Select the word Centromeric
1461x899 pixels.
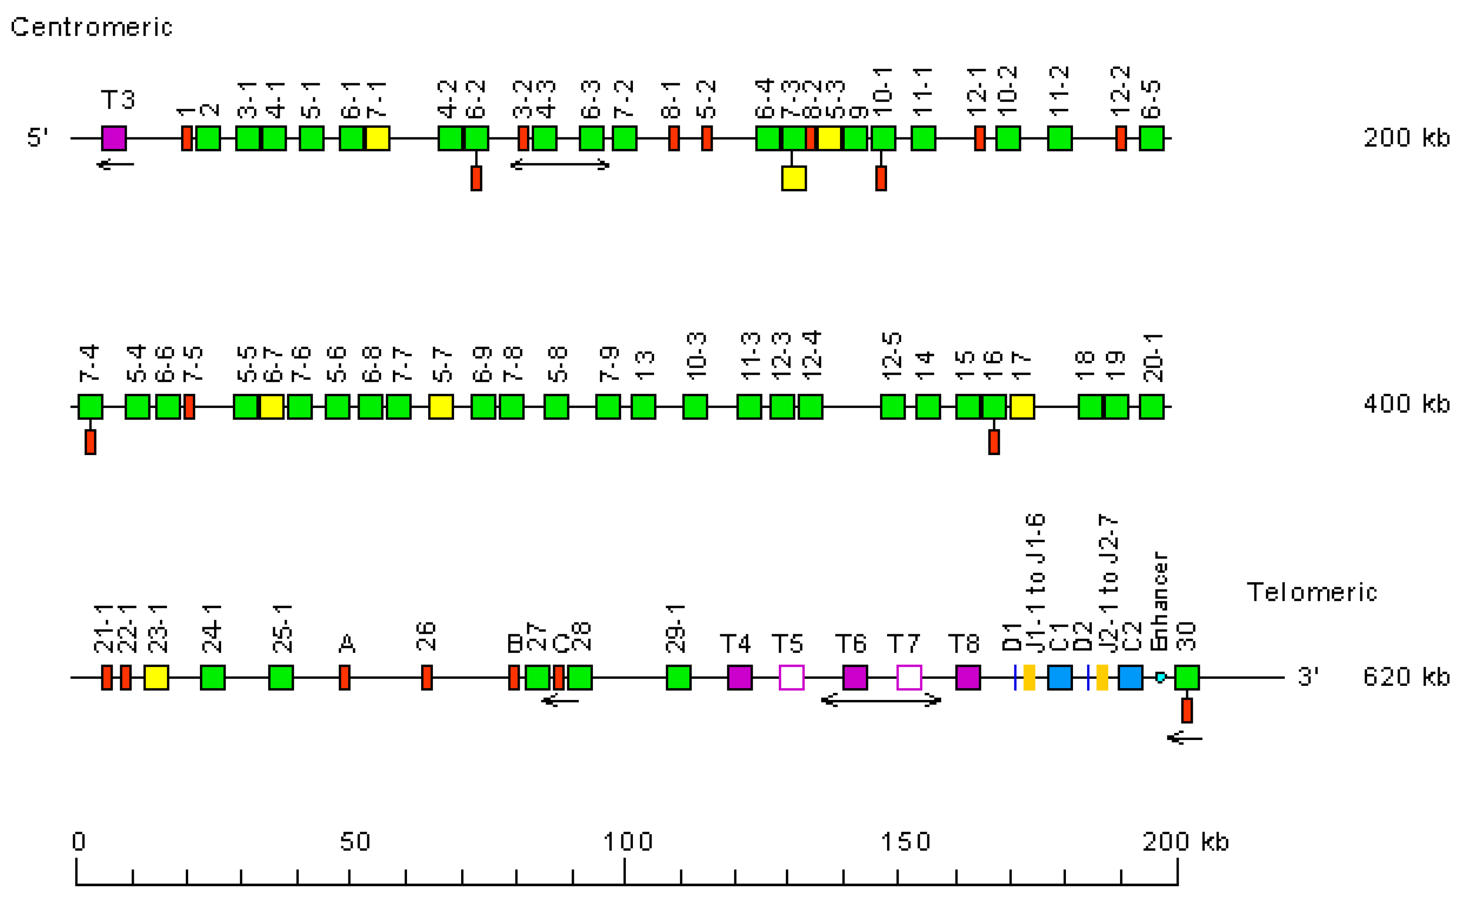click(x=92, y=27)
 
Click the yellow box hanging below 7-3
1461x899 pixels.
click(x=794, y=178)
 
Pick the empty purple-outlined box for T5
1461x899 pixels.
click(x=791, y=677)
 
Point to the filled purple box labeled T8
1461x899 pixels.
click(x=968, y=677)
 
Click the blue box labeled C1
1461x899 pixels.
click(x=1060, y=677)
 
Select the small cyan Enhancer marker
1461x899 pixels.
click(x=1160, y=677)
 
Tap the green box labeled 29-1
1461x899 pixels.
click(x=678, y=677)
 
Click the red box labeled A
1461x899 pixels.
click(x=344, y=677)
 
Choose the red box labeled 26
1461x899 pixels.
click(x=427, y=677)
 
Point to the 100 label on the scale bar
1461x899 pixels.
click(x=628, y=842)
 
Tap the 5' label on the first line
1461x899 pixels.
click(x=37, y=138)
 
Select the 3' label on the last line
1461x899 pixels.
click(x=1308, y=677)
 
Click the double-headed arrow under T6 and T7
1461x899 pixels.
click(x=881, y=700)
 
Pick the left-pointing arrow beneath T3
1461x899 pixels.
click(x=115, y=164)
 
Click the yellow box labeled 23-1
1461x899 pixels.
click(x=156, y=677)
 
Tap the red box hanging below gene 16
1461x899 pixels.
click(x=994, y=442)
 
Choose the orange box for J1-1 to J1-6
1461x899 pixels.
click(x=1029, y=677)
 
